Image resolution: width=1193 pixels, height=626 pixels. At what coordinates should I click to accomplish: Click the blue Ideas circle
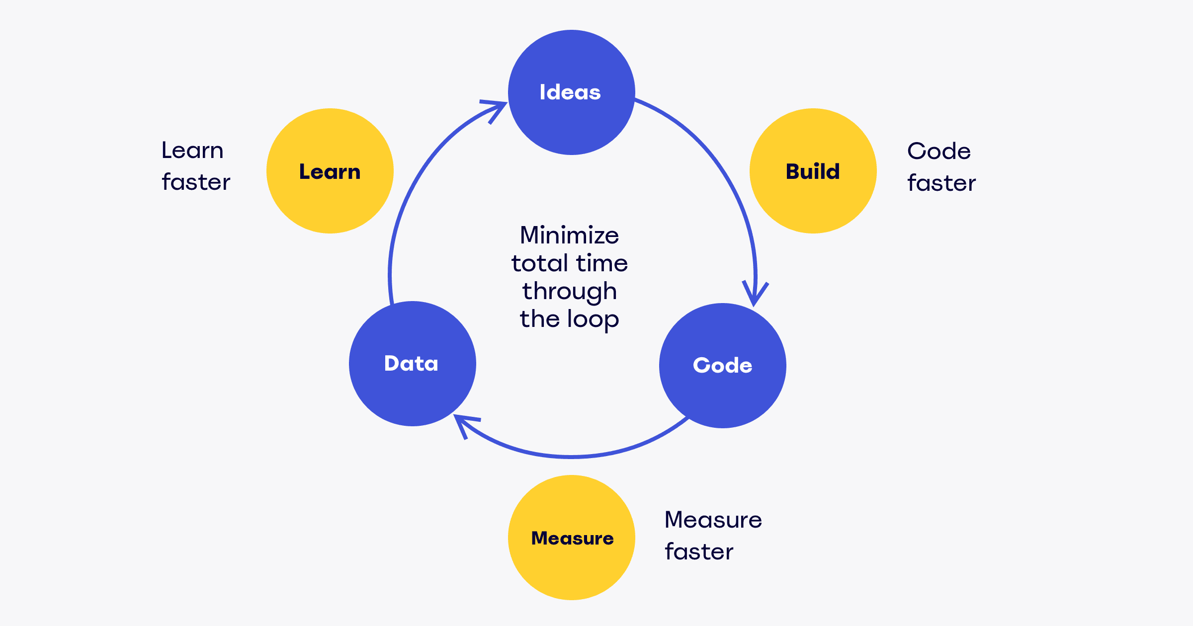(x=571, y=92)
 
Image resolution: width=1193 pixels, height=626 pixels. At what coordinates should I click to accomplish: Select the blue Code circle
(x=722, y=366)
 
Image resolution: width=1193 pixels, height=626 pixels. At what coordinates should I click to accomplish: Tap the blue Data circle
(x=412, y=364)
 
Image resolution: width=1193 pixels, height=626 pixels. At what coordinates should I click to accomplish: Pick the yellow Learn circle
(x=330, y=171)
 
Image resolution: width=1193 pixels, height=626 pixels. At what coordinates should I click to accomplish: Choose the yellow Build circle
(x=813, y=171)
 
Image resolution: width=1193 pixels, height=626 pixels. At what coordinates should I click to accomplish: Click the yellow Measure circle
(x=571, y=538)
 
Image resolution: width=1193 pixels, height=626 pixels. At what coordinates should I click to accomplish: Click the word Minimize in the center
(x=569, y=235)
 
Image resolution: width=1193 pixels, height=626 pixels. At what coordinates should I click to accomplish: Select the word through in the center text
(x=569, y=292)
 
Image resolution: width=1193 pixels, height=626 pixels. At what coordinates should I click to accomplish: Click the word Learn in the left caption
(x=192, y=150)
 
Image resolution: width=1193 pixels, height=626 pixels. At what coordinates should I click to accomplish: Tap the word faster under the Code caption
(x=941, y=183)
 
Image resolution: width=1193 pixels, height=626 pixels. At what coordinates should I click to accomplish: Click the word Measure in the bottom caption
(x=713, y=520)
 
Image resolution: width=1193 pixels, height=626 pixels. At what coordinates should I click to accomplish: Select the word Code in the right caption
(x=938, y=151)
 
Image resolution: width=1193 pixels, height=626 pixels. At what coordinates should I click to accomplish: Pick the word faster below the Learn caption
(x=196, y=182)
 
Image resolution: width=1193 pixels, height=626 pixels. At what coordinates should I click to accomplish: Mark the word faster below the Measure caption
(x=699, y=551)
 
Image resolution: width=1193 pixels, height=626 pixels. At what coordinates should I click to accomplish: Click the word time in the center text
(x=602, y=263)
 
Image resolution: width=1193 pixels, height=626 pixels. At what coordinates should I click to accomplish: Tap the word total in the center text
(x=539, y=263)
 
